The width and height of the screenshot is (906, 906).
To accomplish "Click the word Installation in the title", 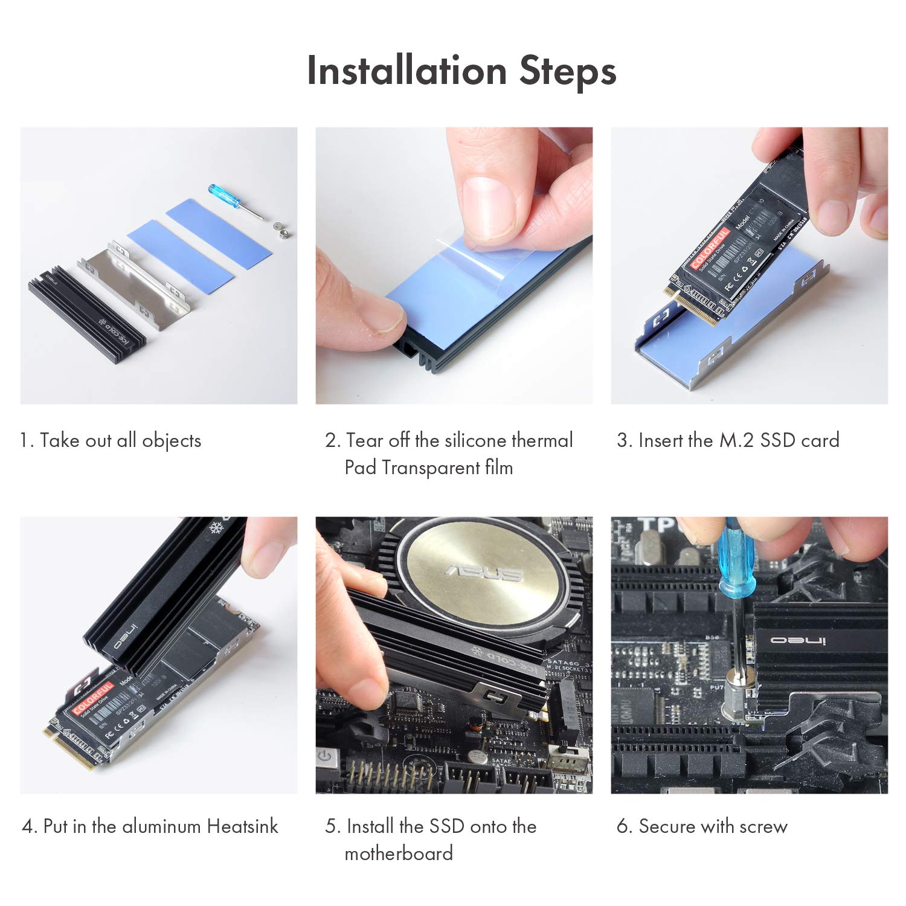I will coord(406,71).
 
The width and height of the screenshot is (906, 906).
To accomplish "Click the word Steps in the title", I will coord(568,71).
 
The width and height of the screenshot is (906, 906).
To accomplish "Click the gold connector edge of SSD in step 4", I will coord(68,751).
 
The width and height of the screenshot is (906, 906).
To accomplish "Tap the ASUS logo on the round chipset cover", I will coord(483,572).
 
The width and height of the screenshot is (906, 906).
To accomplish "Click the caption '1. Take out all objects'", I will coord(111,440).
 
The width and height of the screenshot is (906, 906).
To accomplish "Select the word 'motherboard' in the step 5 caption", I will coord(399,853).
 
